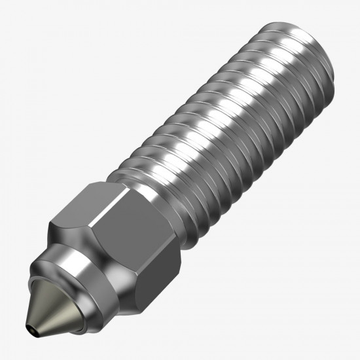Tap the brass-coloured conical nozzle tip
[x=46, y=308]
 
